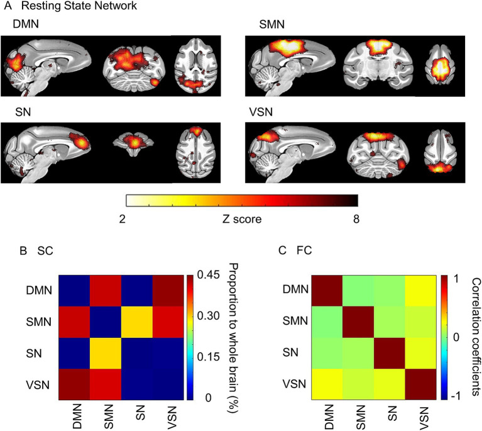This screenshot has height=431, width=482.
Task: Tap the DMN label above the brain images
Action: tap(25, 23)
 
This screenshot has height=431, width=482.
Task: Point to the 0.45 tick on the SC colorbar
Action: tap(206, 275)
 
